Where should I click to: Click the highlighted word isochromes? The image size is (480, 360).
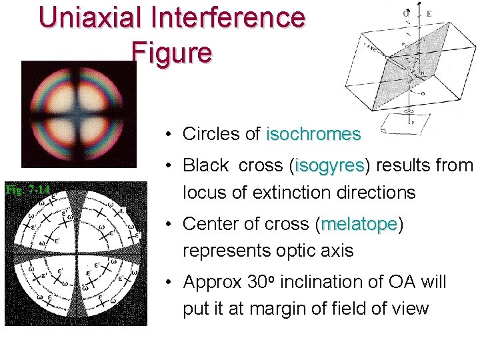(313, 134)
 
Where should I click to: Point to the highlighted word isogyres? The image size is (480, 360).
(329, 165)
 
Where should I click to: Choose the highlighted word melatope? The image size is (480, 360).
(359, 224)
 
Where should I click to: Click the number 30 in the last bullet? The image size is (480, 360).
(258, 282)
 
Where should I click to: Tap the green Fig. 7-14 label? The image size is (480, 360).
(27, 189)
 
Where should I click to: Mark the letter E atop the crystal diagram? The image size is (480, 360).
(429, 13)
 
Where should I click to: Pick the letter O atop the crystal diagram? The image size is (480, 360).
(406, 13)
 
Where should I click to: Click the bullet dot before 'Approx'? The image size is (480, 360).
(171, 283)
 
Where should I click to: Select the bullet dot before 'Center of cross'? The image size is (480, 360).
(171, 225)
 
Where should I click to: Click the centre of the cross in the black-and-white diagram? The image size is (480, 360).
(75, 256)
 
